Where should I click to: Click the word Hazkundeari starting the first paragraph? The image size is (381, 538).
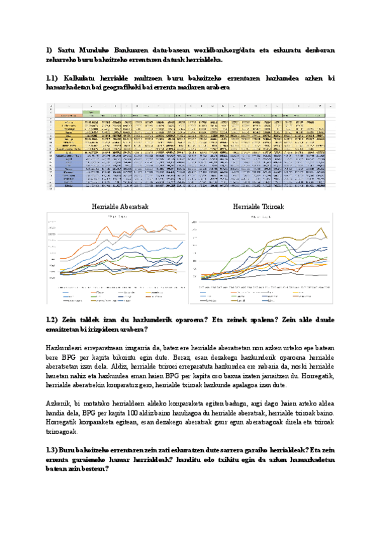68,348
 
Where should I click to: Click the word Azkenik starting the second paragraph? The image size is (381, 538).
60,403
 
